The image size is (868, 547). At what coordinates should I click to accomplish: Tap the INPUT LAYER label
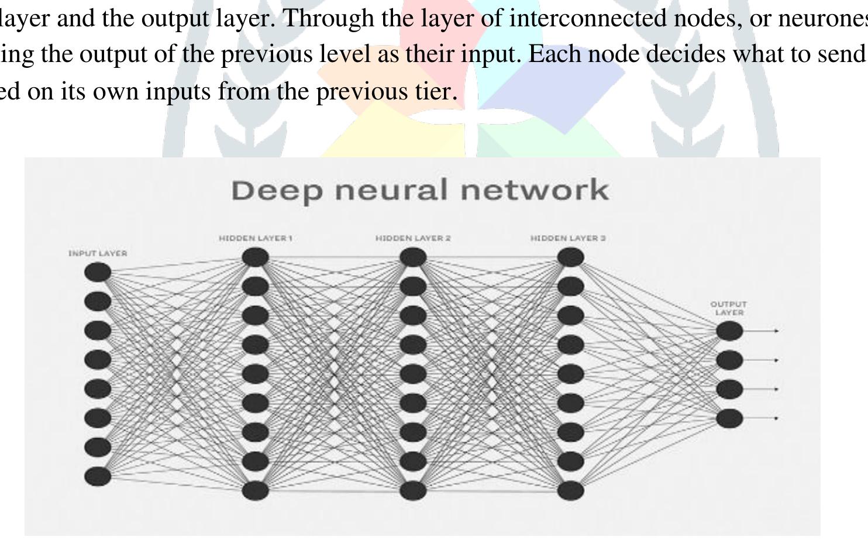point(98,253)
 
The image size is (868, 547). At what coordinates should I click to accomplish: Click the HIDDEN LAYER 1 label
point(255,238)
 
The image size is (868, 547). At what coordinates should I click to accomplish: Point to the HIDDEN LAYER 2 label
point(413,238)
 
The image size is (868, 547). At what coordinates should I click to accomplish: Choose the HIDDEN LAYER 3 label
point(568,238)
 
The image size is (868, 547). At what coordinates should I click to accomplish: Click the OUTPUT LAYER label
point(728,308)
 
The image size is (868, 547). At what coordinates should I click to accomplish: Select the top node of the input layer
point(98,272)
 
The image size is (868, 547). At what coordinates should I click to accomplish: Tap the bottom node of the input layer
point(98,476)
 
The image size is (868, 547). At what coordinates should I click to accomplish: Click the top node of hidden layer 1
point(255,257)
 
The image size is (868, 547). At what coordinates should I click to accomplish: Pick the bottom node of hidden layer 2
point(413,490)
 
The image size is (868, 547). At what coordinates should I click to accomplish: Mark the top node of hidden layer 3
point(570,257)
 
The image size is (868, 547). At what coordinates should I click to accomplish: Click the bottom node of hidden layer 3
point(570,490)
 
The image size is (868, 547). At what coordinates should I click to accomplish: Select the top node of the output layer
point(729,331)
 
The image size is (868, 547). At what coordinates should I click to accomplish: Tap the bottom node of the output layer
point(729,418)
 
